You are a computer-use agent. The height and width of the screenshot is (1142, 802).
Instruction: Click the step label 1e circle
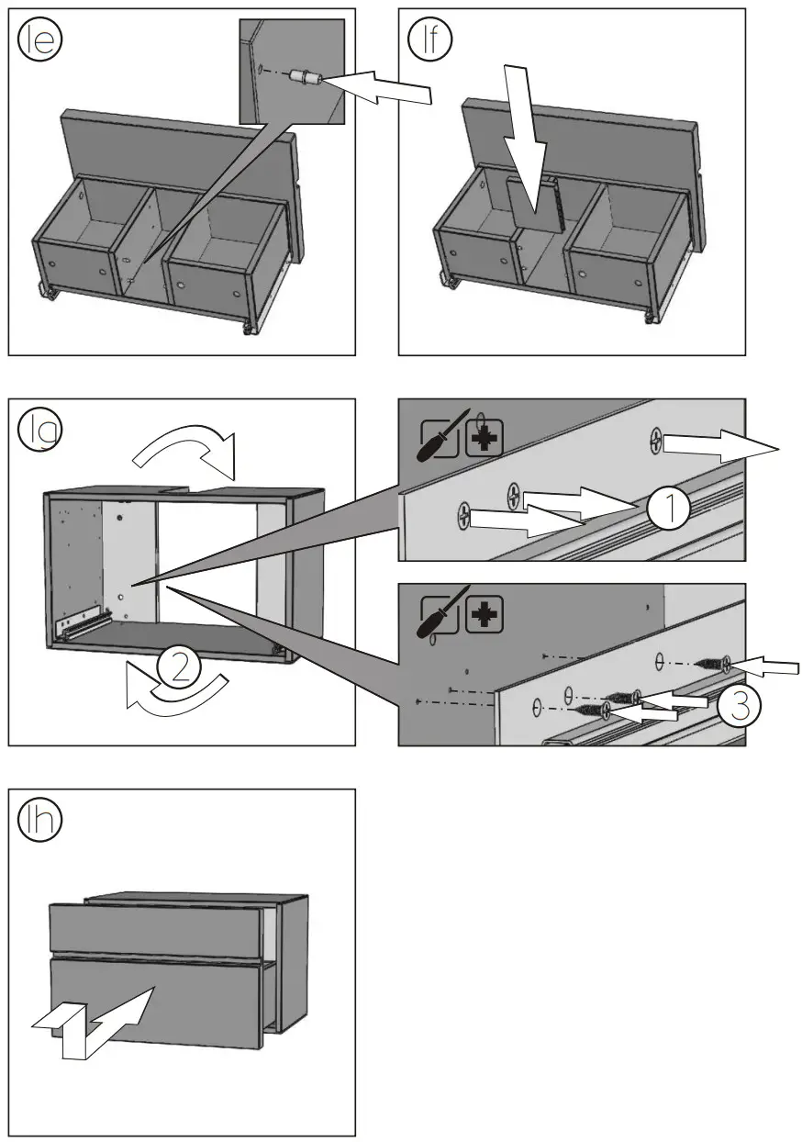point(39,41)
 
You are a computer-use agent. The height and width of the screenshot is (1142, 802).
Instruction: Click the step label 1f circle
point(429,41)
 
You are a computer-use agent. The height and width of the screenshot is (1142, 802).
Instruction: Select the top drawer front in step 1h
point(156,929)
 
